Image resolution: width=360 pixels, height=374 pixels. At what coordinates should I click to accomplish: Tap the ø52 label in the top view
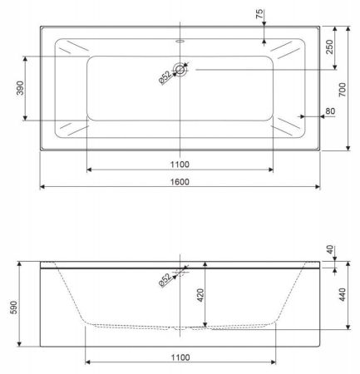point(165,77)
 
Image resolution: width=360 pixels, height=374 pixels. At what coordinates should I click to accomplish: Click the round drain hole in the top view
point(180,69)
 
